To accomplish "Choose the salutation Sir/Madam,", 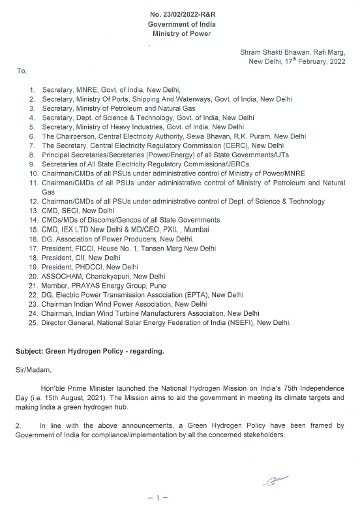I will (x=31, y=369).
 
